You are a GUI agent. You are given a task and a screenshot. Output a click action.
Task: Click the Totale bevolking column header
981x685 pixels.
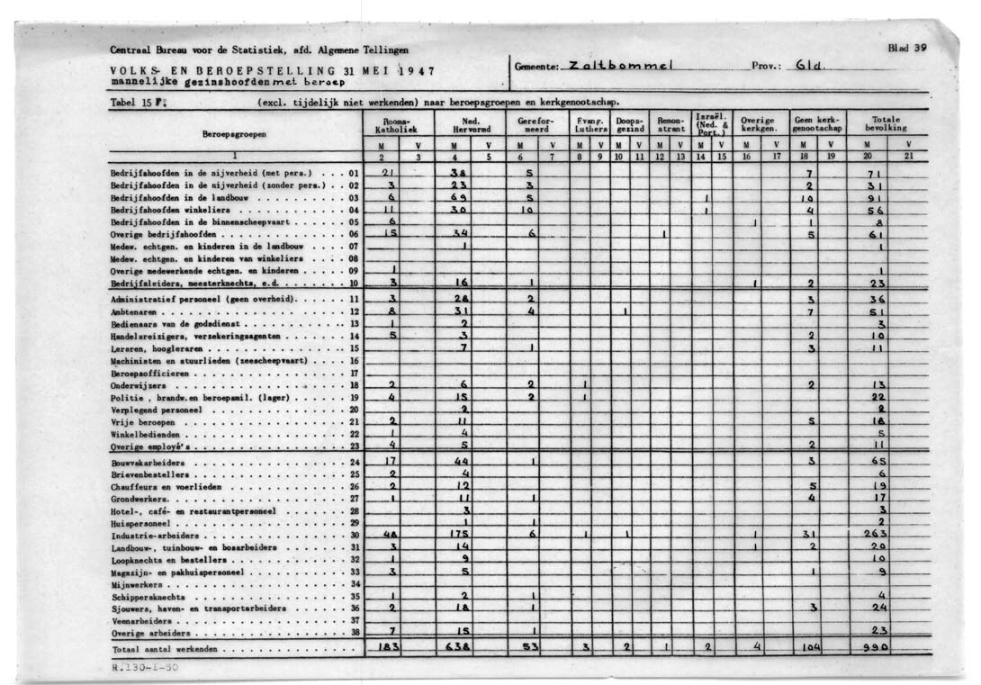pyautogui.click(x=888, y=123)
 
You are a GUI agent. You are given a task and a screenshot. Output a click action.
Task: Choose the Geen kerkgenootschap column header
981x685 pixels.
pyautogui.click(x=815, y=124)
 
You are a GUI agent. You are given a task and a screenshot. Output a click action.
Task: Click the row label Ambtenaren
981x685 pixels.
pyautogui.click(x=131, y=311)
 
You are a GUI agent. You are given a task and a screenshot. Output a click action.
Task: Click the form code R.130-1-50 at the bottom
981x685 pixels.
pyautogui.click(x=139, y=669)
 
